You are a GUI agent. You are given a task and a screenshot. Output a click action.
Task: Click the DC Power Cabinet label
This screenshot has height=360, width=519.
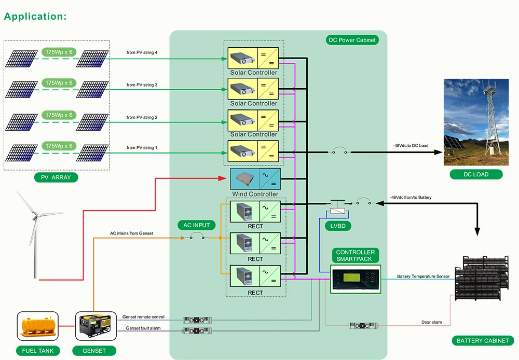pyautogui.click(x=351, y=40)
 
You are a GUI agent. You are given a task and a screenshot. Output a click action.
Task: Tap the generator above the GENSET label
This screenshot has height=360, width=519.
pyautogui.click(x=94, y=326)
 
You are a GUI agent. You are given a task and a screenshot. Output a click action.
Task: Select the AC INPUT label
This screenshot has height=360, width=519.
pyautogui.click(x=197, y=225)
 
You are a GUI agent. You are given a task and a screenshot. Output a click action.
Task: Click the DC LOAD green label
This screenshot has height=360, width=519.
pyautogui.click(x=476, y=174)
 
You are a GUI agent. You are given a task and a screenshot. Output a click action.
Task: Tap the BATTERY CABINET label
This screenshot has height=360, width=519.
pyautogui.click(x=483, y=341)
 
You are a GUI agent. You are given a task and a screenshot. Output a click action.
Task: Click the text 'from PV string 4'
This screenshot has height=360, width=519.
pyautogui.click(x=142, y=52)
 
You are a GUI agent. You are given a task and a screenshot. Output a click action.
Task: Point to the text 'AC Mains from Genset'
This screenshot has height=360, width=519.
pyautogui.click(x=131, y=233)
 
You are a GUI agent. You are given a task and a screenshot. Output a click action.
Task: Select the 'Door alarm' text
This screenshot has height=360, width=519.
pyautogui.click(x=431, y=322)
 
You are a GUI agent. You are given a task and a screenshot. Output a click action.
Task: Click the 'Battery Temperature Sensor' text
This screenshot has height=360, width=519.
pyautogui.click(x=423, y=276)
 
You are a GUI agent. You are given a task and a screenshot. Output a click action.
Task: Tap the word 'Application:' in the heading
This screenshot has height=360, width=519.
pyautogui.click(x=35, y=16)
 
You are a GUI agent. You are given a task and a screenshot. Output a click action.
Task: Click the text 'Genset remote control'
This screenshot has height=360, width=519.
pyautogui.click(x=143, y=316)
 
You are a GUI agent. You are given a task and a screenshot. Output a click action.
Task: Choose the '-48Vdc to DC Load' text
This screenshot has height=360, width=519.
pyautogui.click(x=411, y=146)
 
